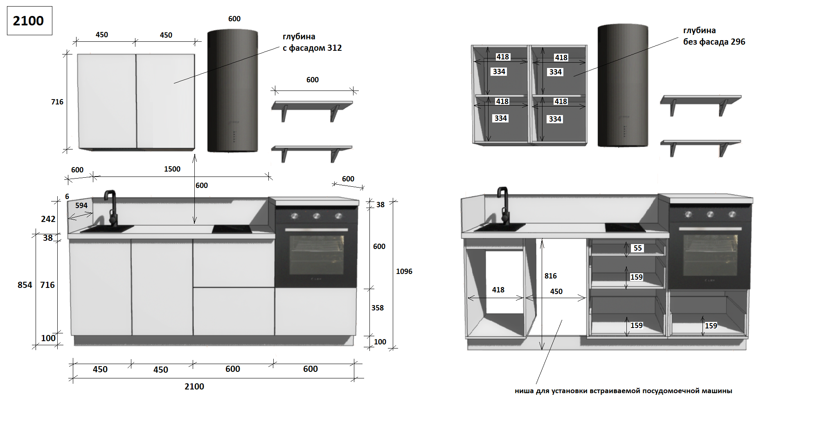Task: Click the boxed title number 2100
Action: tap(28, 20)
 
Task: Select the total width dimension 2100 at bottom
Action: tap(194, 387)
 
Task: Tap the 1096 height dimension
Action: tap(404, 272)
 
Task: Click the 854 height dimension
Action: tap(25, 285)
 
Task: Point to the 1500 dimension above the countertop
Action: tap(172, 169)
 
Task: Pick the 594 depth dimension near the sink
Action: tap(81, 206)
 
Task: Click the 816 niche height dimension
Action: tap(550, 276)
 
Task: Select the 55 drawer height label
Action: tap(637, 248)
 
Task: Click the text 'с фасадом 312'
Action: tap(312, 48)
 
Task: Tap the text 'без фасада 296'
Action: tap(714, 42)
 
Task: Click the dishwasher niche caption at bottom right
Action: tap(623, 391)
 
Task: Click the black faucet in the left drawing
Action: tap(112, 207)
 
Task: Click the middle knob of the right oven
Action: tap(710, 214)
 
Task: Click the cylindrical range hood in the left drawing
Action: tap(232, 91)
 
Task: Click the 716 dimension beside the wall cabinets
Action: tap(57, 102)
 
